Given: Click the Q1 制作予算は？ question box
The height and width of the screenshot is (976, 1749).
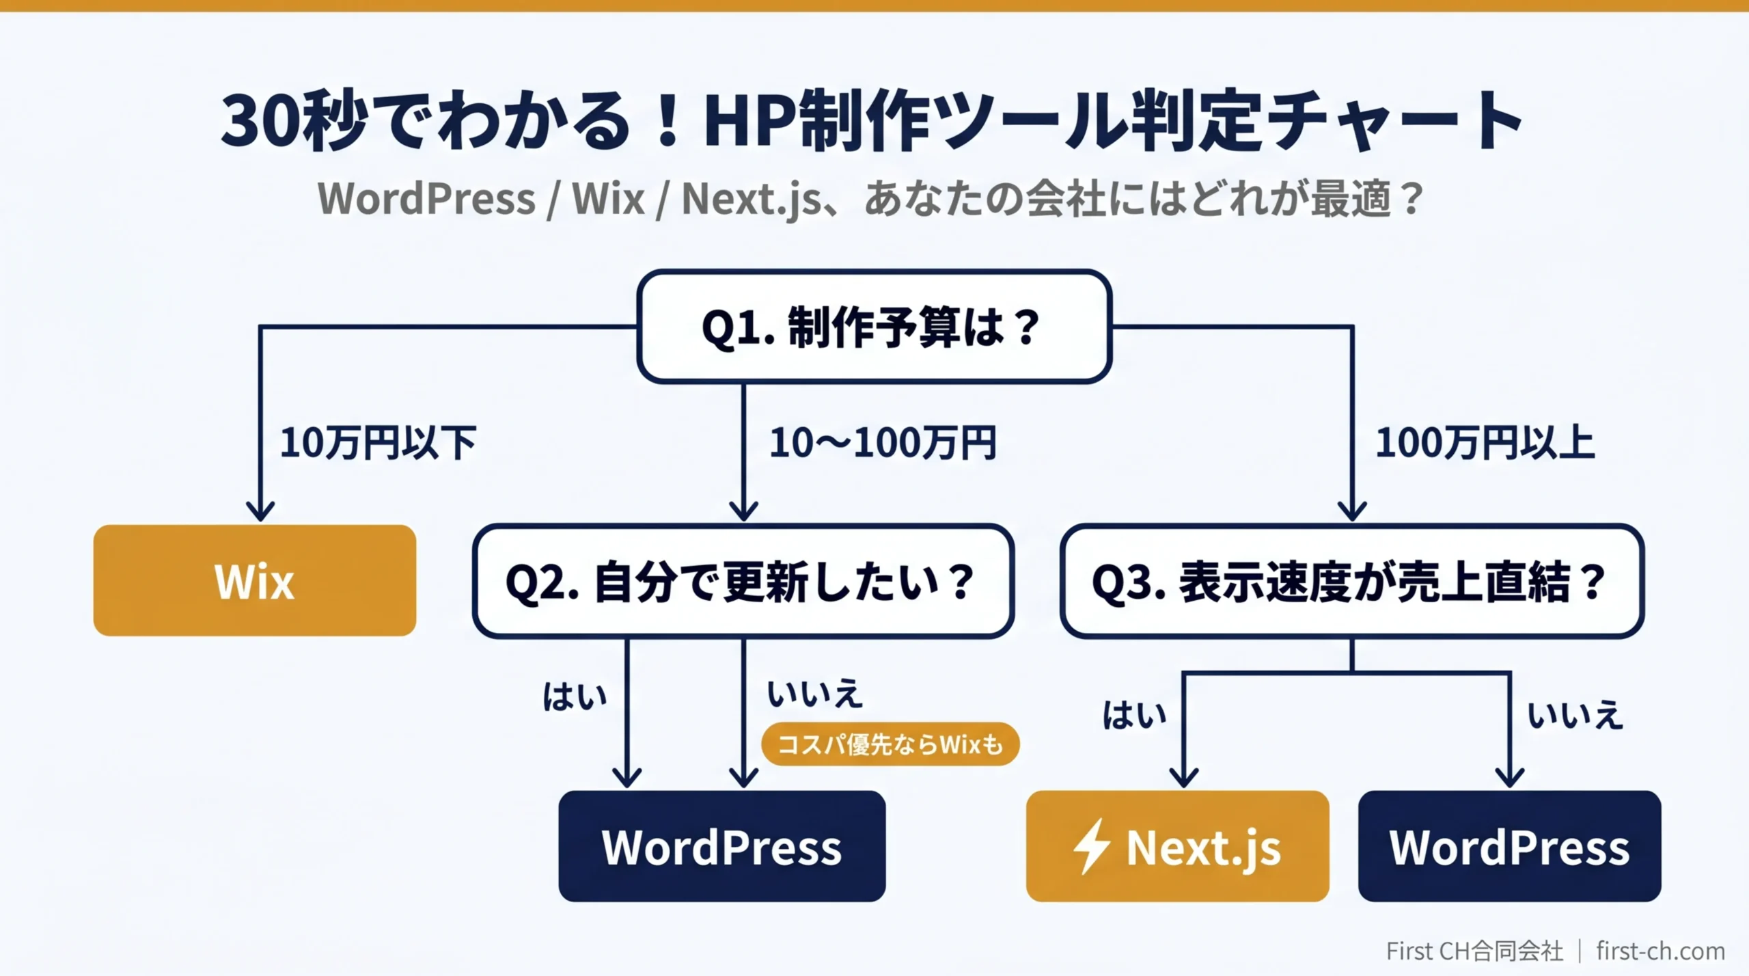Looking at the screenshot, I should pos(874,327).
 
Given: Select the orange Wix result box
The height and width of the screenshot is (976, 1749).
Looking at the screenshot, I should pos(254,581).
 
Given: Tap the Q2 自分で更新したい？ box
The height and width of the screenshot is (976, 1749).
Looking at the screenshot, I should pos(743,582).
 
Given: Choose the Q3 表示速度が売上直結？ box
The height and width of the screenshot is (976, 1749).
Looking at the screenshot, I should pos(1351,582).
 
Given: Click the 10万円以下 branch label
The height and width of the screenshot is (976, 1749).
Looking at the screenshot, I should pos(378,443).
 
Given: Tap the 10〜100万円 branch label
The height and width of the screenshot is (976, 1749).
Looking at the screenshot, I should pos(883,443).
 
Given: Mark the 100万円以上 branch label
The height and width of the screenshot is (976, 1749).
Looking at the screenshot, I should pos(1484,443).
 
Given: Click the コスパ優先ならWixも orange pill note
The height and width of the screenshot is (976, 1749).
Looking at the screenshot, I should pos(890,744).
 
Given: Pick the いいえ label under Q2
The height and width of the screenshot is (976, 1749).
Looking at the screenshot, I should pos(814,694).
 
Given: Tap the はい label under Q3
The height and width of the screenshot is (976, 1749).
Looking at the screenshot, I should pos(1134,715).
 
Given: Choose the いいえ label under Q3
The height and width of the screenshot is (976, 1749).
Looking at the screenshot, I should pos(1575,715).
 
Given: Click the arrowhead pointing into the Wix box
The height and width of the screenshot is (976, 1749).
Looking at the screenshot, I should pos(260,511).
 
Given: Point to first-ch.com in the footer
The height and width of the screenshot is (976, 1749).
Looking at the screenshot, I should pos(1660,951).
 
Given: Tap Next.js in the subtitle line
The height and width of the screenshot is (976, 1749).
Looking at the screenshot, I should pos(752,199).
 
